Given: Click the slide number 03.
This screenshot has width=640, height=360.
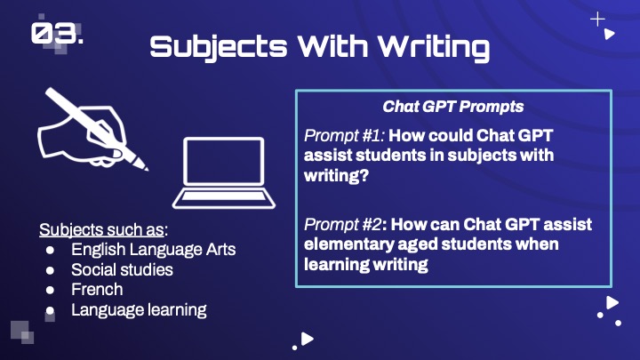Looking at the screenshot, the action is pyautogui.click(x=57, y=34).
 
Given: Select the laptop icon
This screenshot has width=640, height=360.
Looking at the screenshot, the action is pyautogui.click(x=224, y=173).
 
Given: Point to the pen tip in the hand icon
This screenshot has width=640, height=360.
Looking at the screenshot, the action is pyautogui.click(x=145, y=167).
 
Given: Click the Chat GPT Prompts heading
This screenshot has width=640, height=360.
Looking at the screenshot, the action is pyautogui.click(x=453, y=107).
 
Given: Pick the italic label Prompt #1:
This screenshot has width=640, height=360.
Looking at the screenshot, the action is pyautogui.click(x=344, y=135).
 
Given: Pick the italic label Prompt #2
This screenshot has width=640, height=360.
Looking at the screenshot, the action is pyautogui.click(x=343, y=224).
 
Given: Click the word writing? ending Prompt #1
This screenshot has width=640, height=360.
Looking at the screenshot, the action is pyautogui.click(x=336, y=175).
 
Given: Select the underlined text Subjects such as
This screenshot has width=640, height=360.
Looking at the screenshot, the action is pyautogui.click(x=101, y=230).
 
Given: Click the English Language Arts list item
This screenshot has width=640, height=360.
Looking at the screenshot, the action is pyautogui.click(x=154, y=250).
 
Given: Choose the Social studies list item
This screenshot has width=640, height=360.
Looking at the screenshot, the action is pyautogui.click(x=122, y=269).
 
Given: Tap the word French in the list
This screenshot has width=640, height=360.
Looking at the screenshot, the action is pyautogui.click(x=97, y=290).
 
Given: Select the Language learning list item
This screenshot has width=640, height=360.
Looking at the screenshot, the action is pyautogui.click(x=139, y=310).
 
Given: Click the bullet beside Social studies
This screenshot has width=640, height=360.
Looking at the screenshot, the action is pyautogui.click(x=50, y=270).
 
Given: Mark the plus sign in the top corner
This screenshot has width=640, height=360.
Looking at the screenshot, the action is pyautogui.click(x=597, y=20).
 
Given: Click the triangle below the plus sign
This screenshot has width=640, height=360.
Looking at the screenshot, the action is pyautogui.click(x=610, y=34).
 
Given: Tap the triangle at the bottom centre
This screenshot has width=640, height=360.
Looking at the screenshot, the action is pyautogui.click(x=308, y=339).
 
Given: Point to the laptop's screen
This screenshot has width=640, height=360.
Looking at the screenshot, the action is pyautogui.click(x=224, y=161).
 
